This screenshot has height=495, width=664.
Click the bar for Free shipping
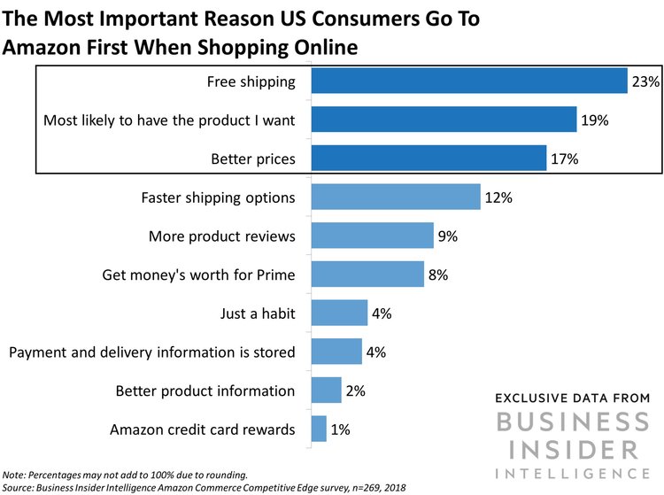[x=468, y=81]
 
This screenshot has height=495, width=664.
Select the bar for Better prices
[x=428, y=159]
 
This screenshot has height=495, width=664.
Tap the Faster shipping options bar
[x=395, y=197]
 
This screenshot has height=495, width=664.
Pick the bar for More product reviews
[x=372, y=236]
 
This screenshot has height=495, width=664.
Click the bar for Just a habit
[x=338, y=313]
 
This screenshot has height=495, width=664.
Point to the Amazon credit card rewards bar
[x=318, y=429]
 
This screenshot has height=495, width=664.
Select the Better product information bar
[x=325, y=391]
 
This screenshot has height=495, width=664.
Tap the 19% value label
[x=595, y=120]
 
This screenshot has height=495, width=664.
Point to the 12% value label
[x=499, y=197]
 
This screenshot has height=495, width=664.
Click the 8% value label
[x=439, y=275]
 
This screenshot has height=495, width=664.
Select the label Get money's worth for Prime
[x=199, y=275]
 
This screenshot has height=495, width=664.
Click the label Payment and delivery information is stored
[x=152, y=352]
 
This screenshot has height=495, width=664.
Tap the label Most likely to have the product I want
[x=170, y=120]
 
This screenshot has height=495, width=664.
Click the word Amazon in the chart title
[x=46, y=47]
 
